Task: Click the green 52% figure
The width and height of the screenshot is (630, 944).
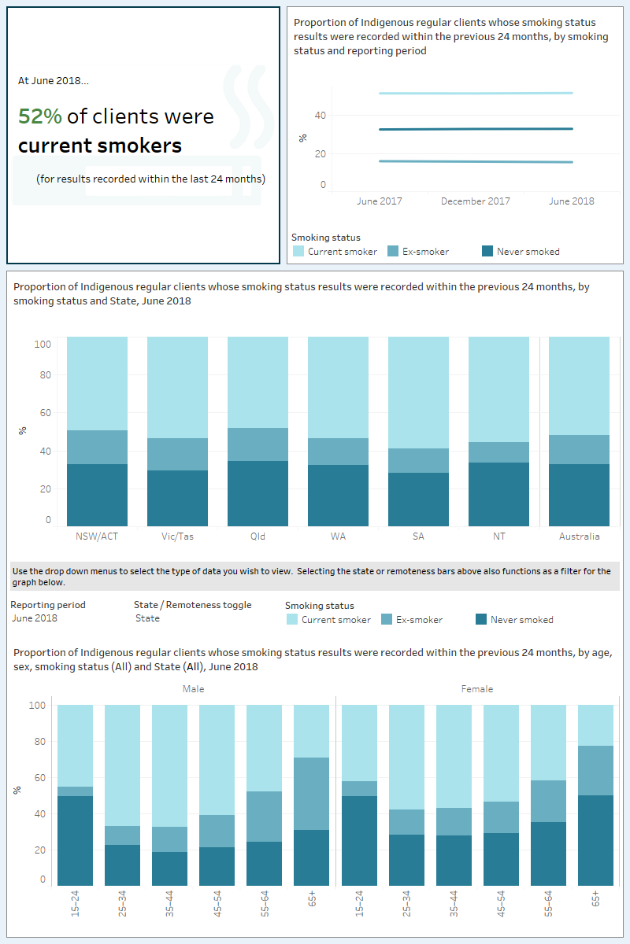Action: (x=39, y=116)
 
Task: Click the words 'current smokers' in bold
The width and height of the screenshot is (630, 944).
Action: (x=100, y=146)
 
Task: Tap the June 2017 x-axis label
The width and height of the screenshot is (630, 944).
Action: (x=379, y=201)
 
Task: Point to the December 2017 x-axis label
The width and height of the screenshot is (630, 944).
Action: (x=475, y=201)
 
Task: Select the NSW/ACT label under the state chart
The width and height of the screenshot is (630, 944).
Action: (x=97, y=537)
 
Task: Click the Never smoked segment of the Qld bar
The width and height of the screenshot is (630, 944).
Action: (x=258, y=493)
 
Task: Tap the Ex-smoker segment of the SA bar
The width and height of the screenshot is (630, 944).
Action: (x=418, y=460)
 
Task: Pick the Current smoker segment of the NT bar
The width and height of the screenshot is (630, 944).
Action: (x=498, y=389)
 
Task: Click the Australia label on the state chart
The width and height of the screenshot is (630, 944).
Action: (x=579, y=537)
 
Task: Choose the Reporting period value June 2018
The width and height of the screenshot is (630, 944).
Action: (x=34, y=618)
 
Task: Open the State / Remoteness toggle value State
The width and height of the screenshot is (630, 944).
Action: (x=147, y=618)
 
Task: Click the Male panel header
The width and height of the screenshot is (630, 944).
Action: (x=193, y=689)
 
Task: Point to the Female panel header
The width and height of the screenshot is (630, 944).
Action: (x=476, y=689)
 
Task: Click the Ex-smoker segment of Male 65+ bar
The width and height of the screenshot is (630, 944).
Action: (x=311, y=794)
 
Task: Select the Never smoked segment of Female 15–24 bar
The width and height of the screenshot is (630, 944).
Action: (x=358, y=841)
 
